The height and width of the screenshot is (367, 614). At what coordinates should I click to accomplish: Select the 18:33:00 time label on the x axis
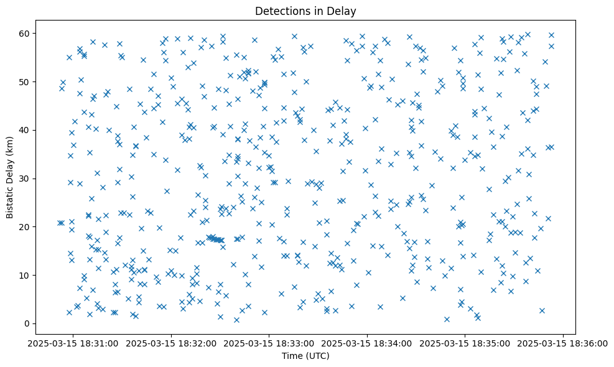[269, 343]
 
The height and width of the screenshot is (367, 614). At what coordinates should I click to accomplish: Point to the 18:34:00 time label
[367, 343]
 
